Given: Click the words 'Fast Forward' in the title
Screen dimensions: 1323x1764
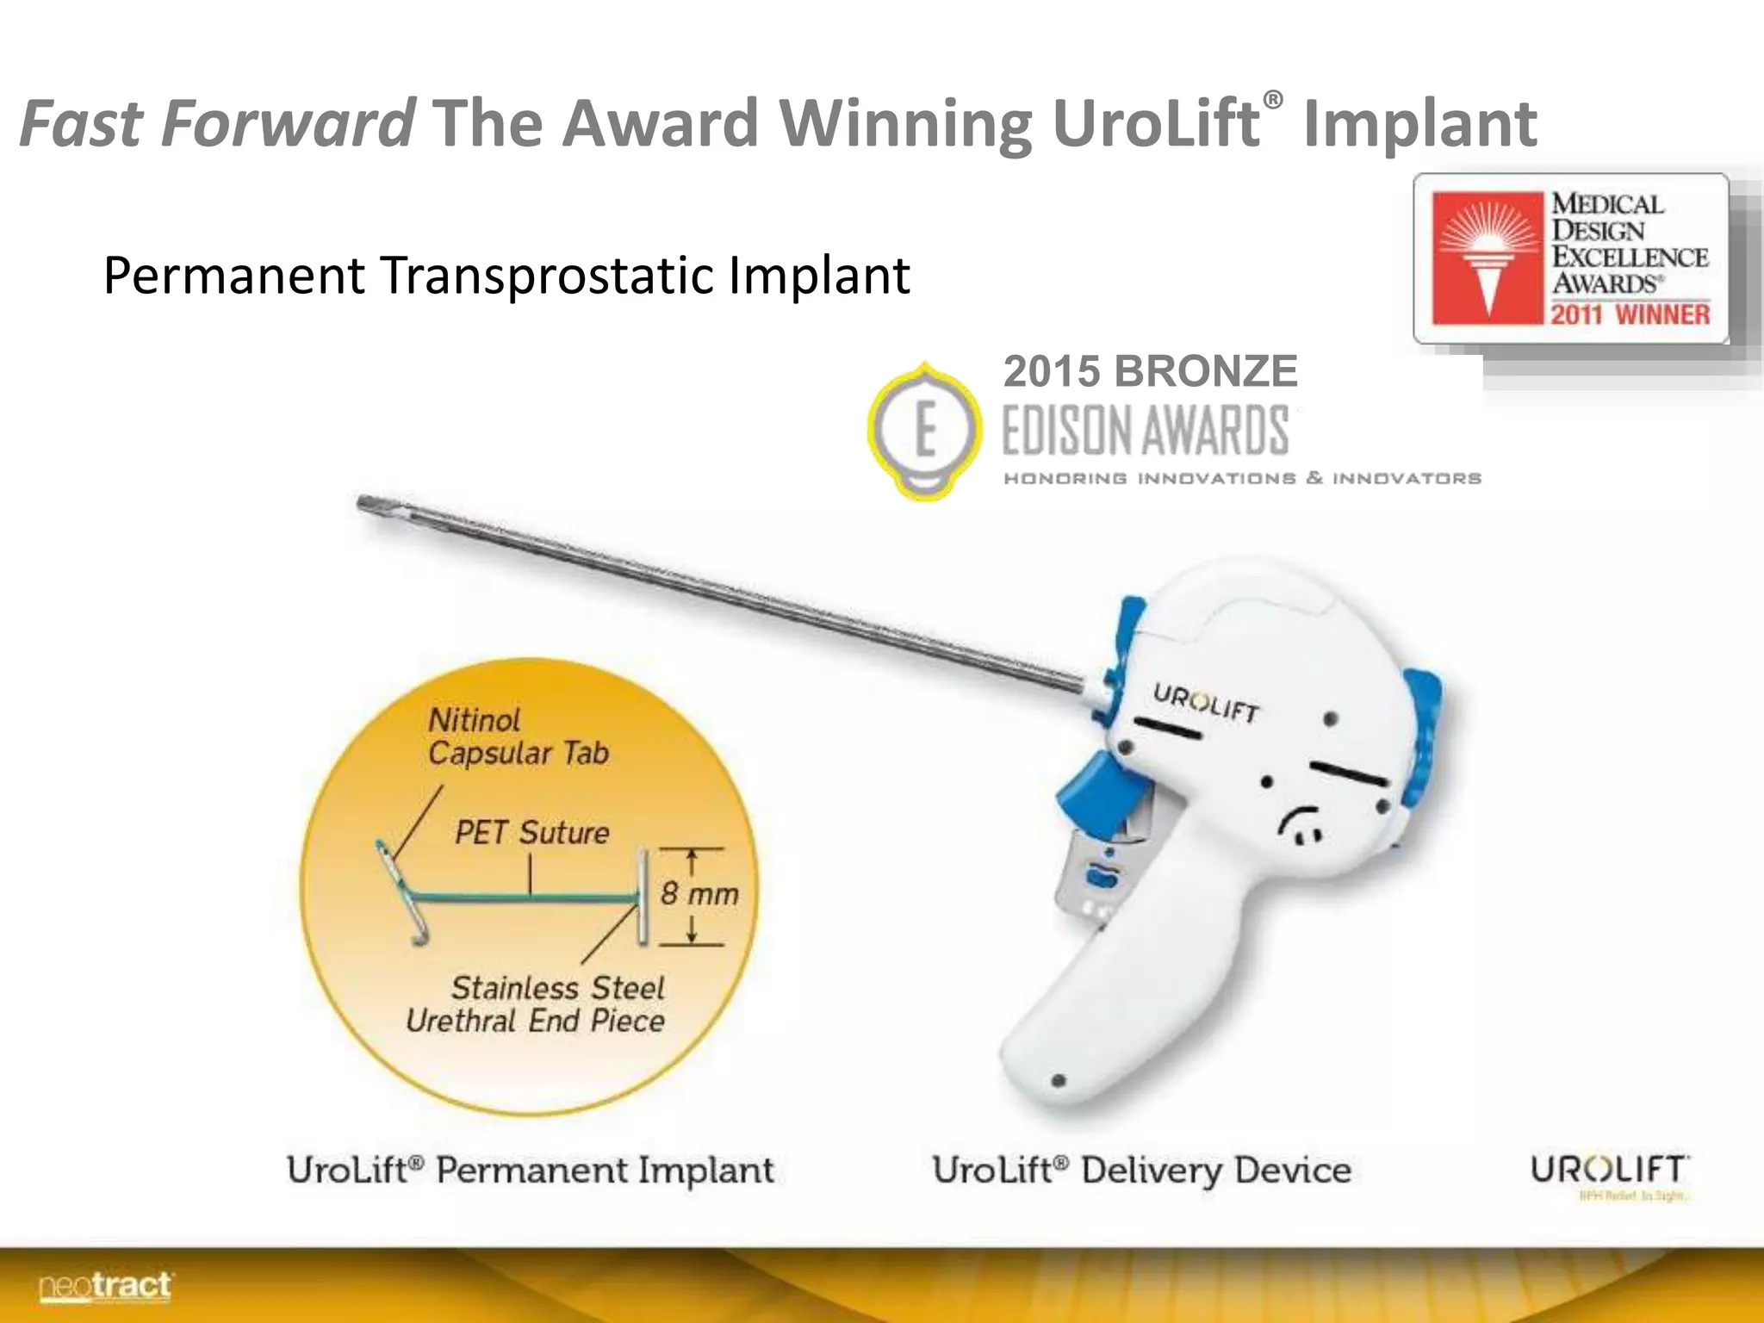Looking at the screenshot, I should point(217,123).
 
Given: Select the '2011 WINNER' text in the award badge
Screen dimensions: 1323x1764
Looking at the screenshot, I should point(1630,314).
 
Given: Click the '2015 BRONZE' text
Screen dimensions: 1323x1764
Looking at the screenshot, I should point(1150,372).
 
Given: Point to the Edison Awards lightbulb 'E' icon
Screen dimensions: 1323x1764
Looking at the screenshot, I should point(924,430).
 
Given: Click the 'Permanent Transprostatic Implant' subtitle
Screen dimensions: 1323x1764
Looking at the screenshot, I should point(506,276).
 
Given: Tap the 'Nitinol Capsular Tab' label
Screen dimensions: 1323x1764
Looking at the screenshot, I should point(518,736).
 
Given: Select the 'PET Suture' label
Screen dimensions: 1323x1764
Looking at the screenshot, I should point(531,833).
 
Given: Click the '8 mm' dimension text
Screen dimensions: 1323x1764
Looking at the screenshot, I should point(699,893).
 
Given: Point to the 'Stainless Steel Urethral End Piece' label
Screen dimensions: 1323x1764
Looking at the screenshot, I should point(536,1004).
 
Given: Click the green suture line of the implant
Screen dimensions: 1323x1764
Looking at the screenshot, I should point(525,899).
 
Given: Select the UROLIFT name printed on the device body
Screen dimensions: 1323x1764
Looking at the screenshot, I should point(1206,702).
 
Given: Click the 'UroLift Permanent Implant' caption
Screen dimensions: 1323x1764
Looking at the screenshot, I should point(531,1171).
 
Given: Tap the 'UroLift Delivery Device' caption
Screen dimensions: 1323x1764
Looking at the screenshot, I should point(1141,1171).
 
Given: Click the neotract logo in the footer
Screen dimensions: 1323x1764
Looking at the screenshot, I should point(105,1287).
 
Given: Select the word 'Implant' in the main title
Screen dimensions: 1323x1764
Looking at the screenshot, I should point(1419,123).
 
